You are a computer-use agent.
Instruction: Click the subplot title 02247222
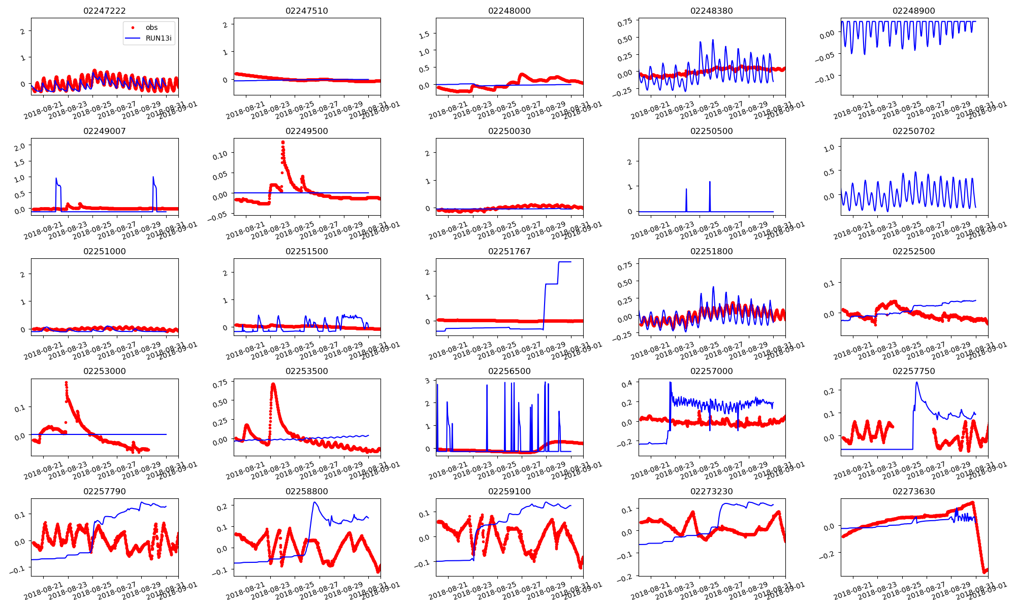tap(104, 11)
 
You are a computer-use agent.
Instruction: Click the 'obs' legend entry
tap(151, 27)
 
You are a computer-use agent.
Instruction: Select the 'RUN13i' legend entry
tap(158, 38)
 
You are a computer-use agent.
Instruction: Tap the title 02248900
tap(913, 11)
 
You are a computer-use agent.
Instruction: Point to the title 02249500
tap(306, 131)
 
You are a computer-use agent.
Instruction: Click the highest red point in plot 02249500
tap(282, 143)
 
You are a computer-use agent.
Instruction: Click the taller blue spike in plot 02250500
tap(710, 182)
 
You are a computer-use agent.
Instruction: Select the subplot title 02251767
tap(509, 251)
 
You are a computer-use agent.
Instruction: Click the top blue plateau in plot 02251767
tap(564, 262)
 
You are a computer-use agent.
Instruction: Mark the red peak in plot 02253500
tap(273, 384)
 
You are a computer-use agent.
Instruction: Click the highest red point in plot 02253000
tap(66, 383)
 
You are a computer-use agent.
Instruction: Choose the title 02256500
tap(509, 371)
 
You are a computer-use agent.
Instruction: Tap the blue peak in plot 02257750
tap(917, 382)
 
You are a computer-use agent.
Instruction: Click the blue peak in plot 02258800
tap(315, 502)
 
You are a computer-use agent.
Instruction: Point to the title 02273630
tap(913, 491)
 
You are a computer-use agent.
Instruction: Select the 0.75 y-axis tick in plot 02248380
tap(625, 21)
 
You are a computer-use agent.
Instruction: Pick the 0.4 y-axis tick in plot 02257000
tap(627, 383)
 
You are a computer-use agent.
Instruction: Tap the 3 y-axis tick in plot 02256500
tap(428, 381)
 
